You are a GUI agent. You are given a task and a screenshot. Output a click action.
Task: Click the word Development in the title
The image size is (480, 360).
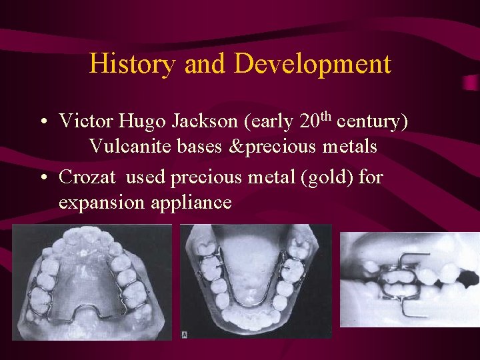click(313, 64)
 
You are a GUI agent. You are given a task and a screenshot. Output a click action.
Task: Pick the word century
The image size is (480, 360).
click(367, 123)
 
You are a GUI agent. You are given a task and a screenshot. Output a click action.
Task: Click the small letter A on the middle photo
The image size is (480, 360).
click(184, 334)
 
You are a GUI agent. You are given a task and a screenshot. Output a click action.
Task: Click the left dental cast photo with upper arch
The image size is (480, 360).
click(91, 282)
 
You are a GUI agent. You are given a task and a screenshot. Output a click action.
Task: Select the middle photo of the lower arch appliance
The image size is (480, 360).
click(256, 282)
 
